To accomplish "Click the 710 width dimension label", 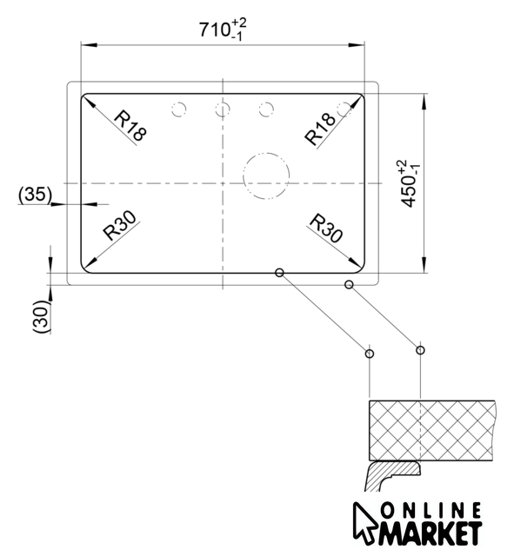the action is coord(223,30).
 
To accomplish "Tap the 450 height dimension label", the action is coord(410,183).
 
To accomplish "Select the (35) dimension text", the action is coord(35,195).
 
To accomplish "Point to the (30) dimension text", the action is coord(41,316).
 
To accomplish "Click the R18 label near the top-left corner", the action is coord(130,126).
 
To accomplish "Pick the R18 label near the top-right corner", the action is coord(320,129).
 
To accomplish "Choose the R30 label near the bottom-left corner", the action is coord(119,226).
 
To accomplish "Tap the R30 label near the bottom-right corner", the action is coord(326,228).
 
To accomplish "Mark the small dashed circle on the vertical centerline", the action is coord(223,103).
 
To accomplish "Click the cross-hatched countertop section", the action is coord(431,431).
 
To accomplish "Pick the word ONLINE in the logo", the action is coord(431,511).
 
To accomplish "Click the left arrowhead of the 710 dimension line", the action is coord(89,45).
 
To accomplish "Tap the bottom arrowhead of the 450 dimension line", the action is coord(424,265).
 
